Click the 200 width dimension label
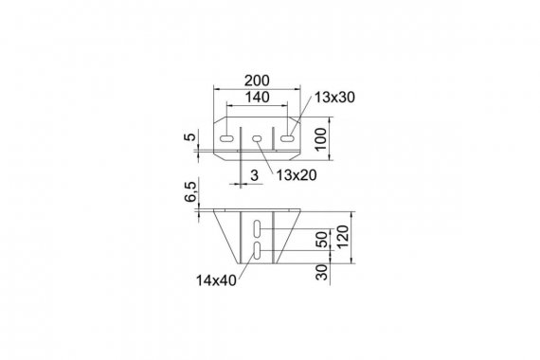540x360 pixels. click(257, 81)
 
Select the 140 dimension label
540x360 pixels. click(257, 98)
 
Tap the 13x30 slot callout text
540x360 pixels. click(334, 98)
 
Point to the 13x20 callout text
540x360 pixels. click(297, 175)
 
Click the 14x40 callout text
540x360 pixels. click(216, 280)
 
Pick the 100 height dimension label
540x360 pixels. click(320, 139)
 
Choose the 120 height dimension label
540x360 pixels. click(343, 237)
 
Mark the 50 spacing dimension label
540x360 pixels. click(322, 240)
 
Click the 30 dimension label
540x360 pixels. click(322, 272)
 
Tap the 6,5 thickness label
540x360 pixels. click(190, 192)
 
